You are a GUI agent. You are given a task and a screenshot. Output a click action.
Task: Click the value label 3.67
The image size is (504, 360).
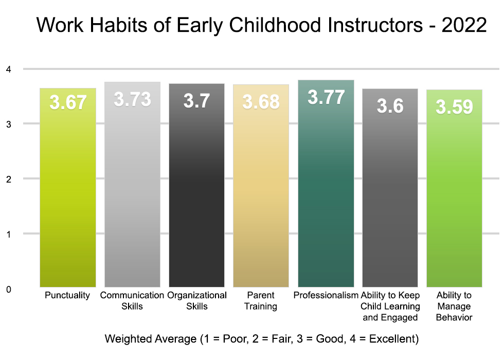coord(68,102)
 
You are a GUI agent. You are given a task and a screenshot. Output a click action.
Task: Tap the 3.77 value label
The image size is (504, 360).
coord(326,97)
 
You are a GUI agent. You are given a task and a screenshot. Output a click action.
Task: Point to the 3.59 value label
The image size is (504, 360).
coord(454,107)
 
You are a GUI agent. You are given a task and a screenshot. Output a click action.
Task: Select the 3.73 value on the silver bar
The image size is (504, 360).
coord(133,99)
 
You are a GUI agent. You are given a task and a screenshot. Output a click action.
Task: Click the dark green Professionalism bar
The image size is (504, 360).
coord(326,184)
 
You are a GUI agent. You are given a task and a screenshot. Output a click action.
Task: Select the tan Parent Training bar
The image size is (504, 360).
coord(261,186)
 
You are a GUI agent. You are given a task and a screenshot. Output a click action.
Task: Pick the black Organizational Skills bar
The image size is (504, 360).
coord(196,185)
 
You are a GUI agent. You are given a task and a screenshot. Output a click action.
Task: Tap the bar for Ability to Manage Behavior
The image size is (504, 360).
coord(454,188)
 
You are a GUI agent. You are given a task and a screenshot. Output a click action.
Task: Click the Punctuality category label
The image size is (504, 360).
coord(67,295)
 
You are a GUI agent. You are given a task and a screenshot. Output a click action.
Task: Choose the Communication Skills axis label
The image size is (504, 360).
coord(132,300)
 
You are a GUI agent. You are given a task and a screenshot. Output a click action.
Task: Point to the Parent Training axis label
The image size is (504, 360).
coord(261,300)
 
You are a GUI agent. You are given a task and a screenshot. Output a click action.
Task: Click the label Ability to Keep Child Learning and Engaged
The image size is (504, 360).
coord(390,307)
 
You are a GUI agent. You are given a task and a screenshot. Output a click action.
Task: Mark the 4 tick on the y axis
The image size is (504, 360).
coord(9,69)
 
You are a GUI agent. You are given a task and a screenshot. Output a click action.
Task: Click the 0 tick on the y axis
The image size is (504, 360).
coord(9,289)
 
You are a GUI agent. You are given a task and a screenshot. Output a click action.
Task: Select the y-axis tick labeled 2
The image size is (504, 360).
coord(9,179)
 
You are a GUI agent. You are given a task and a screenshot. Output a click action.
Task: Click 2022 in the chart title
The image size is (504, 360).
coord(464,25)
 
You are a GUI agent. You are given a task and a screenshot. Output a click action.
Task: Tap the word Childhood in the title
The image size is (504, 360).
coord(275,25)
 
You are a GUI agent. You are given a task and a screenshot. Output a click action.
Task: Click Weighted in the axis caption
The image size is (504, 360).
coord(125,339)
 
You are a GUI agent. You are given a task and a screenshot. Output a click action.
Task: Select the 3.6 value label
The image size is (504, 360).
coord(390,106)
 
